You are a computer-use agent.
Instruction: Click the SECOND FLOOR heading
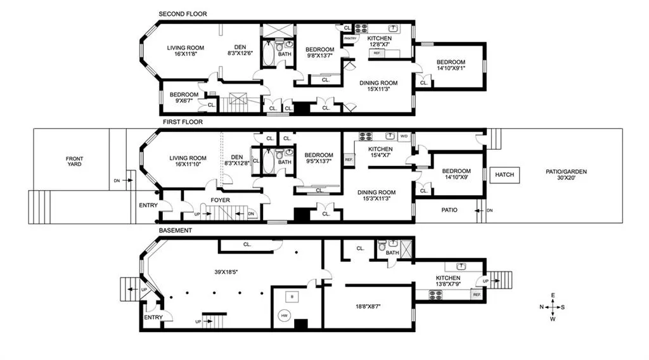click(x=183, y=14)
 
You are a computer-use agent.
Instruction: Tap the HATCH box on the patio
click(x=504, y=175)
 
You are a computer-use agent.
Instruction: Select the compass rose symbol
click(x=553, y=307)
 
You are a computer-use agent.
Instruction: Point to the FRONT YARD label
click(x=75, y=162)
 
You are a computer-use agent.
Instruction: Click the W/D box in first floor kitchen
click(x=404, y=136)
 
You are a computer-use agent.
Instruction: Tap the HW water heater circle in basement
click(x=285, y=316)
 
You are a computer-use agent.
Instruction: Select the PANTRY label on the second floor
click(x=350, y=39)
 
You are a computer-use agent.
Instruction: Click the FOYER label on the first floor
click(x=220, y=200)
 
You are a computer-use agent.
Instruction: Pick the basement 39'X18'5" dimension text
click(x=226, y=272)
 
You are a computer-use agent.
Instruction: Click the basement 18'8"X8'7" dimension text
click(x=368, y=307)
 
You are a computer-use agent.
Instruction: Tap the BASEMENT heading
click(x=176, y=231)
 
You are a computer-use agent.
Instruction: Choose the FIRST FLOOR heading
click(x=183, y=122)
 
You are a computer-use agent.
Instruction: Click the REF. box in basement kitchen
click(x=477, y=295)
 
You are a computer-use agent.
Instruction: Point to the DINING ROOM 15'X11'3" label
click(x=378, y=86)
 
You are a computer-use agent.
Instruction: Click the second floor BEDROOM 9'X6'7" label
click(x=184, y=97)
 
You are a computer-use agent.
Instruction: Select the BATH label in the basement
click(x=392, y=253)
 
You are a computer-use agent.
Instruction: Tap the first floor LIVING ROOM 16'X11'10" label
click(x=188, y=161)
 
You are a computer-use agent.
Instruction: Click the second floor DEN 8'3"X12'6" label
click(x=240, y=50)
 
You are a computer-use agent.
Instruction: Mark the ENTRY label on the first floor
click(x=148, y=205)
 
